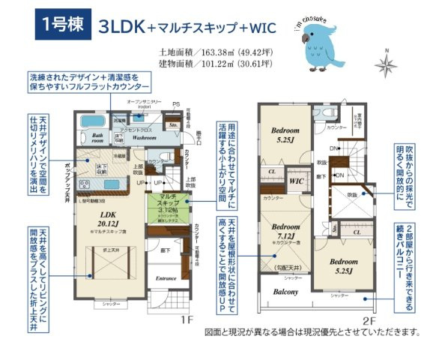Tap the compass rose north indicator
click(386, 65)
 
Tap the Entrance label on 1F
click(166, 277)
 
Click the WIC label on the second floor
click(295, 181)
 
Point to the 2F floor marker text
click(369, 319)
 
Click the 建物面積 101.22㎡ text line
click(214, 65)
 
